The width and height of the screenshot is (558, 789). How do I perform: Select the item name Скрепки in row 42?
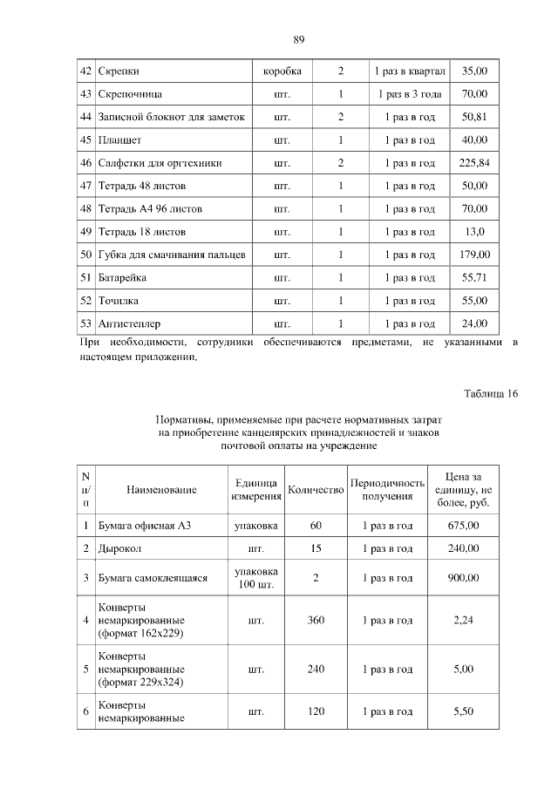[x=119, y=71]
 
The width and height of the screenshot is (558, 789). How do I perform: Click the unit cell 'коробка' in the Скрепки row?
[x=282, y=71]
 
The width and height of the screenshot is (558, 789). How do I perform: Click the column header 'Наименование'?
[x=161, y=490]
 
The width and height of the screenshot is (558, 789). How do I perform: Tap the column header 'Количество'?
[x=316, y=490]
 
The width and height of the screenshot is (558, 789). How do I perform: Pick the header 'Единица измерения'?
[x=256, y=490]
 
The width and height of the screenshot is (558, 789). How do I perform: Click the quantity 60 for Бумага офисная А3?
[x=316, y=526]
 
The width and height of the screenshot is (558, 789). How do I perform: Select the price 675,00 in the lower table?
[x=464, y=526]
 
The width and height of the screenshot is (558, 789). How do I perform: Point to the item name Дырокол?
[x=120, y=549]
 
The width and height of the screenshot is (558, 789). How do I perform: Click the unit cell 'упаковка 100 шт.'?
[x=256, y=578]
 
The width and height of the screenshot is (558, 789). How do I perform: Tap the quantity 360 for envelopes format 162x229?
[x=316, y=621]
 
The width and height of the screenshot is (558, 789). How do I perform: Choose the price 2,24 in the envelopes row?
[x=464, y=621]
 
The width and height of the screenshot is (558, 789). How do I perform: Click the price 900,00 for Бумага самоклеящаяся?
[x=464, y=578]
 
